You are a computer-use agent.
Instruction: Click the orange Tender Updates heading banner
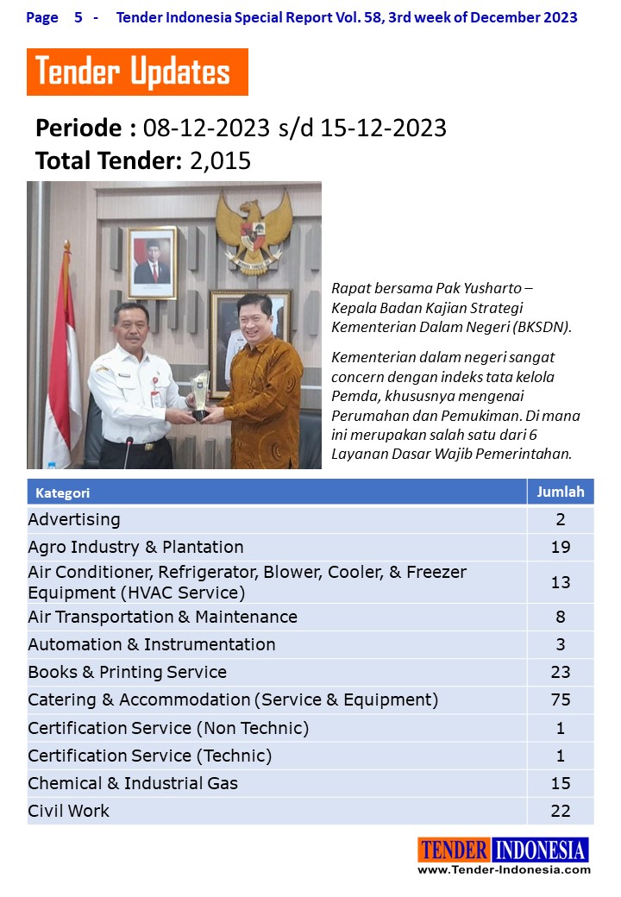(137, 72)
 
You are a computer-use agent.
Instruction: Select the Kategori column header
(63, 493)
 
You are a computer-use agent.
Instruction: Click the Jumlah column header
(561, 492)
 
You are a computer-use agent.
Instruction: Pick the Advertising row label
(74, 519)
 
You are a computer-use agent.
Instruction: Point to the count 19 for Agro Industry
(561, 547)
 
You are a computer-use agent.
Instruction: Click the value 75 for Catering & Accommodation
(561, 699)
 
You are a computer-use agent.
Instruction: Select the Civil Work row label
(69, 811)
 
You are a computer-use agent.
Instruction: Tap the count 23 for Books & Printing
(561, 672)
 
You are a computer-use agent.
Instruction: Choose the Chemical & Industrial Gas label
(133, 783)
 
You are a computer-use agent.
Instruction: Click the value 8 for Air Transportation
(561, 617)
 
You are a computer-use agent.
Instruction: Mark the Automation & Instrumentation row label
(152, 644)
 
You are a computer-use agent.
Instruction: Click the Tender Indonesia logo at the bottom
(504, 850)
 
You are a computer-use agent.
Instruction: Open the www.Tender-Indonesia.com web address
(505, 869)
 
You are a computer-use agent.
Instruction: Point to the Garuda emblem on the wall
(253, 229)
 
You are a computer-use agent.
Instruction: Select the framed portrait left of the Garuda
(152, 262)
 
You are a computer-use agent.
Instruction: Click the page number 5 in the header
(78, 17)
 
